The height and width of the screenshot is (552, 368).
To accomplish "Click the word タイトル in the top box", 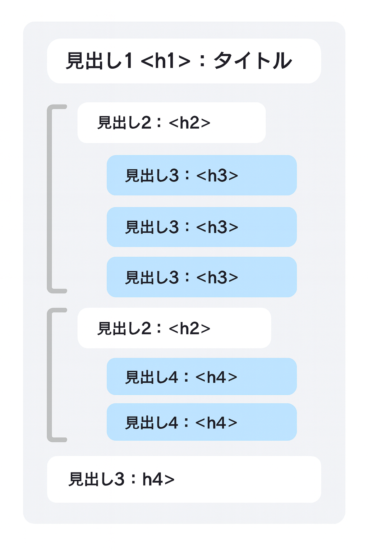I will point(253,61).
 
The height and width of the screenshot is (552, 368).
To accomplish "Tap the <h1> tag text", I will point(165,61).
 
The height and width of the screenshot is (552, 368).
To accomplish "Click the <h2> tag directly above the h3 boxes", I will point(189,123).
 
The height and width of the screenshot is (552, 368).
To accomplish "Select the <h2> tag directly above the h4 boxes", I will point(189,328).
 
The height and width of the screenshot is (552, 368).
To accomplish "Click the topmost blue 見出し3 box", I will point(202,175).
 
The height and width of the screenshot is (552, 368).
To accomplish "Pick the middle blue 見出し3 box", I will point(202,227).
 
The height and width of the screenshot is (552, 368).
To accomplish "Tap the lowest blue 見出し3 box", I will point(202,277).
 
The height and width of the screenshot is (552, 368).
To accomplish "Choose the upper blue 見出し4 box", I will point(202,377).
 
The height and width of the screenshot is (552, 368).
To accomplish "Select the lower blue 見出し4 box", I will point(202,422).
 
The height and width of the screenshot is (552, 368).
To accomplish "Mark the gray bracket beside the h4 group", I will point(50,375).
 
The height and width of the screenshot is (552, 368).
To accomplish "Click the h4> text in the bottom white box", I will point(158,479).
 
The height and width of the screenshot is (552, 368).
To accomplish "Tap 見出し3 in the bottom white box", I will point(97,479).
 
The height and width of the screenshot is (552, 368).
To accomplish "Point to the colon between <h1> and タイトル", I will point(202,61).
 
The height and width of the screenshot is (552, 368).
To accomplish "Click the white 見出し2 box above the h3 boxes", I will point(171,123).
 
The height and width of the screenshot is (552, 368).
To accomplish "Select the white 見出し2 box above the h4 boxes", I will point(174,328).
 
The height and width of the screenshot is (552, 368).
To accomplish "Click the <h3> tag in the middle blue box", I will point(217,227).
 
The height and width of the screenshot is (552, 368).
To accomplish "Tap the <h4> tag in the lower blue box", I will point(216,423).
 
